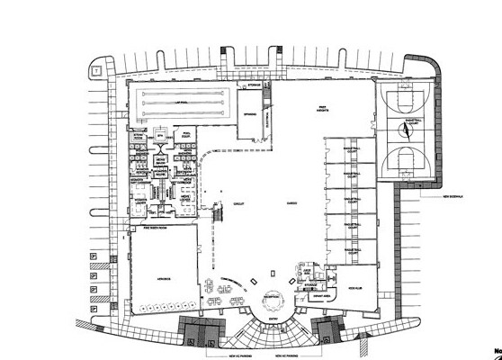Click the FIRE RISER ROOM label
[157, 228]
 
